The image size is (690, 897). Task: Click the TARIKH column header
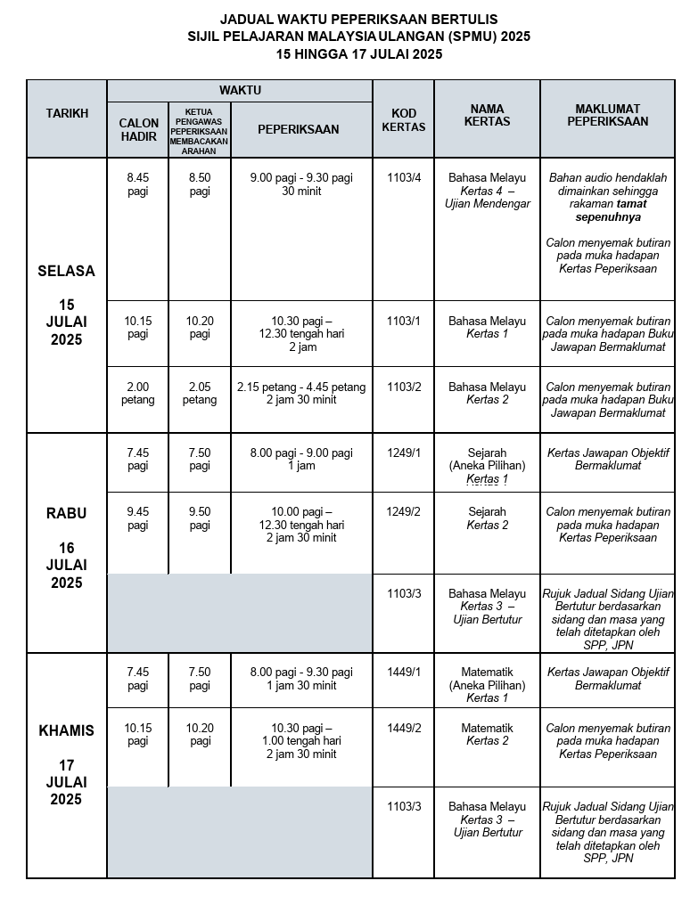point(67,113)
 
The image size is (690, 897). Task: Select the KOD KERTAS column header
point(403,120)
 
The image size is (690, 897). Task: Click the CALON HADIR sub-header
point(138,129)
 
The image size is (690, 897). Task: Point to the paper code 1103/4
point(403,177)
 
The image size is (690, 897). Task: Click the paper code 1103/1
point(403,320)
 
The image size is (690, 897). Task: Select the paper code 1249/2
point(403,512)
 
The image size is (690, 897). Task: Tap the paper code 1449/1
point(403,672)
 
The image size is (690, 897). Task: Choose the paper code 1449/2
point(403,728)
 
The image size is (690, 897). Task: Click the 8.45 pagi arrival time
point(138,184)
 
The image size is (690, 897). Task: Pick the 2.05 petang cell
point(200,394)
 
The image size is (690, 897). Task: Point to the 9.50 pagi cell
point(200,518)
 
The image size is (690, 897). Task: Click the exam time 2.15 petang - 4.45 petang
point(301,387)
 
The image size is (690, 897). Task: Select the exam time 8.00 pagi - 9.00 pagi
point(301,453)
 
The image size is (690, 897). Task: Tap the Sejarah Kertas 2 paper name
point(487,518)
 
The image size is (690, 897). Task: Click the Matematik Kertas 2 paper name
point(487,734)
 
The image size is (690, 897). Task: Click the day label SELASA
point(66,271)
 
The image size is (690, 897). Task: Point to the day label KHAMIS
point(66,730)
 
